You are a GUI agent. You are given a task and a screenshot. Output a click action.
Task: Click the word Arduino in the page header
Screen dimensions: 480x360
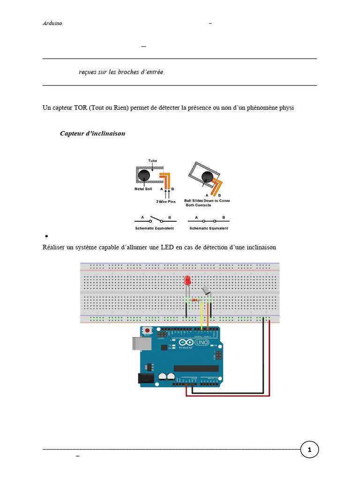tap(52, 23)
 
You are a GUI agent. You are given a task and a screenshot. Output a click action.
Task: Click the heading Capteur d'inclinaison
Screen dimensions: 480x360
tap(92, 134)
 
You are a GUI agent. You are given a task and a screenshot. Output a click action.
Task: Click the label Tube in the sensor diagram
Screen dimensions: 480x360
tap(153, 160)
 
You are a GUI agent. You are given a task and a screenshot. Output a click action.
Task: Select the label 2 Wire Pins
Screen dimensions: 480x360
tap(166, 201)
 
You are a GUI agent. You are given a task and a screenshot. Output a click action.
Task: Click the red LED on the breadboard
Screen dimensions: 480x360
tap(187, 281)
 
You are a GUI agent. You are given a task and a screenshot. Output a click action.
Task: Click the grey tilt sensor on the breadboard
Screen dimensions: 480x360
tap(206, 292)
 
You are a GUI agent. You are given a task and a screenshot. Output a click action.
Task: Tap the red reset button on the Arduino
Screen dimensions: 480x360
tap(148, 330)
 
